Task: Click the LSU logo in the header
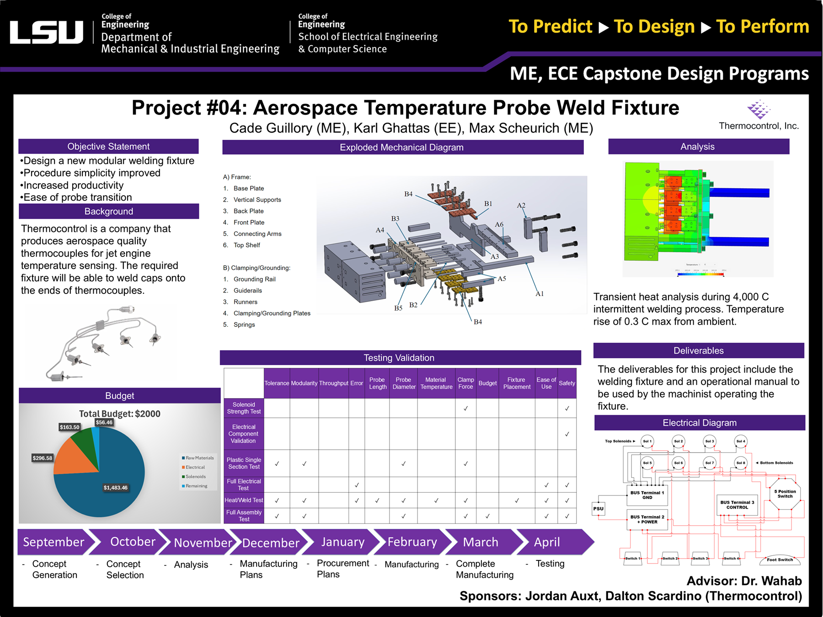coord(46,32)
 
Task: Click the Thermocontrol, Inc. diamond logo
coord(758,109)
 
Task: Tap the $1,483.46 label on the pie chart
coord(115,488)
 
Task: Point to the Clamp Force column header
coord(465,383)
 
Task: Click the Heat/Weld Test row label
coord(244,500)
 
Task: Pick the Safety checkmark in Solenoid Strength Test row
coord(567,408)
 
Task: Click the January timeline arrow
coord(342,542)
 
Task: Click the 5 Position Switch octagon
coord(785,494)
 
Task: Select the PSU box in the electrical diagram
coord(598,509)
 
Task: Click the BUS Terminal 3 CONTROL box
coord(737,505)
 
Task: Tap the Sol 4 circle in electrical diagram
coord(741,441)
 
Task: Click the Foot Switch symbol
coord(780,559)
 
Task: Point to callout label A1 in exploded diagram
coord(540,294)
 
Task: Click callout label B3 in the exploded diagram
coord(395,218)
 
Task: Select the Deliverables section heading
coord(698,351)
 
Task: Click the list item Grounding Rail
coord(254,279)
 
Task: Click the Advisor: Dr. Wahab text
coord(744,581)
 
